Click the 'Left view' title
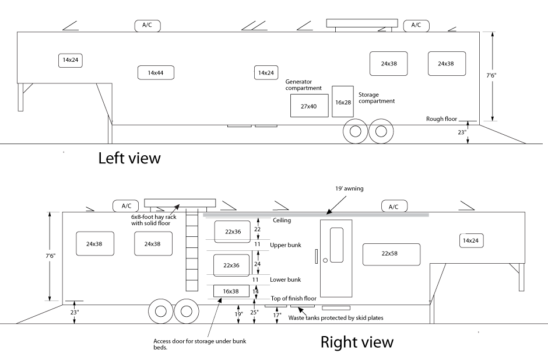(x=129, y=158)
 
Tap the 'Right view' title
(x=357, y=342)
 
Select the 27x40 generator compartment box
(x=309, y=106)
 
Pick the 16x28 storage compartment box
(x=343, y=102)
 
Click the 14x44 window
(x=156, y=72)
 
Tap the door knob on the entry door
(x=325, y=260)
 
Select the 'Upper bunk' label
(x=286, y=245)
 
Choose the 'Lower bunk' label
(x=286, y=280)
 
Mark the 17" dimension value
(x=277, y=315)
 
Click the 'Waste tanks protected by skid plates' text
(x=335, y=319)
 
